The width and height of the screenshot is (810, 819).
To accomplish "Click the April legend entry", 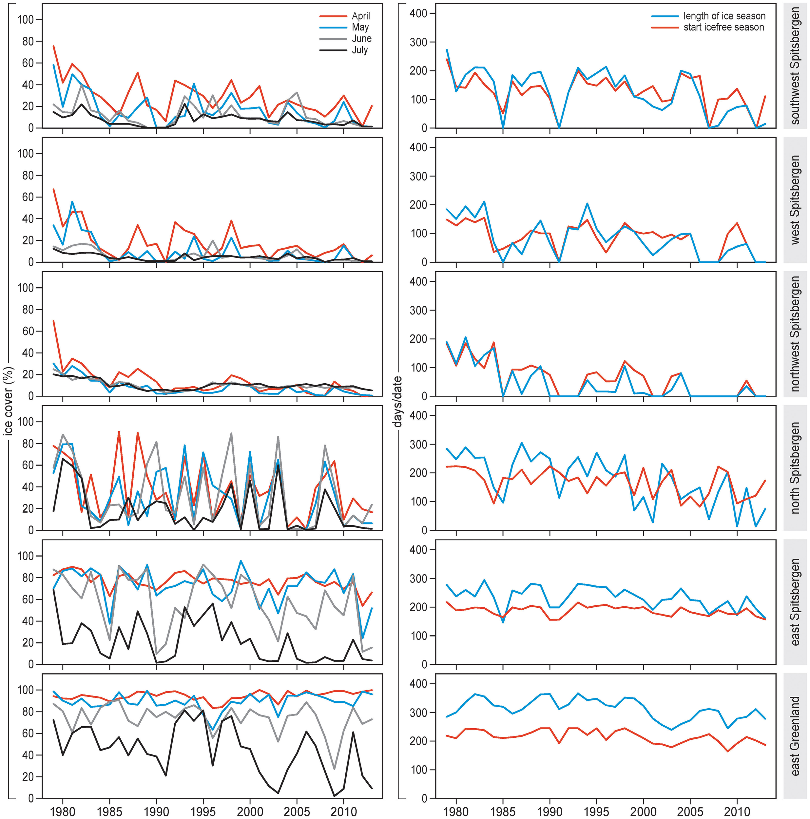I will coord(360,16).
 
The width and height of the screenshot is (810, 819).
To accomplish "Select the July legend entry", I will coord(360,50).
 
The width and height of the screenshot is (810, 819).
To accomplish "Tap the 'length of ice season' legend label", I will coord(724,16).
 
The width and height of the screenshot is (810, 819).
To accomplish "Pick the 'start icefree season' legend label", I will coord(723,28).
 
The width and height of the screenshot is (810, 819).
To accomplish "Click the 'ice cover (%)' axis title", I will coord(8,401).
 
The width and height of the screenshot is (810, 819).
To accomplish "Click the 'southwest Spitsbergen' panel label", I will coord(795,66).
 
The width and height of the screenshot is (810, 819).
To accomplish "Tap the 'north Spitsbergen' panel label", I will coord(795,468).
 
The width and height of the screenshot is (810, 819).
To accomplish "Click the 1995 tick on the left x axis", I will coord(203,810).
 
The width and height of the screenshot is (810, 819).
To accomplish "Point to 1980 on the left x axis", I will coord(63,810).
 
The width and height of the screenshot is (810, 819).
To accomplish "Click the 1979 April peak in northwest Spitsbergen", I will coord(53,321).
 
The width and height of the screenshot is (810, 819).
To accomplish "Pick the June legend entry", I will coord(361,39).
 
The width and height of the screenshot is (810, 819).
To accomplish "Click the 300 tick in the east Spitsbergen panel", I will coord(420,579).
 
